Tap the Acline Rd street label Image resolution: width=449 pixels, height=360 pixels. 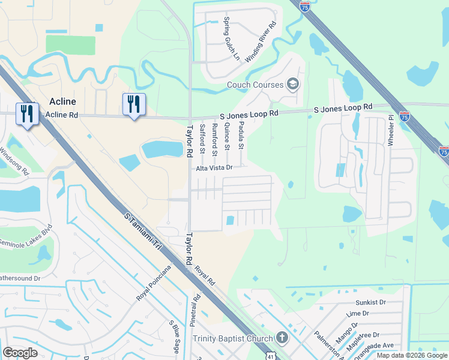point(62,115)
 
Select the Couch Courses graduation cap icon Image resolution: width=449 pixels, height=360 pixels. point(293,84)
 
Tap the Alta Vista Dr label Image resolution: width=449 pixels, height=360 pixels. point(214,169)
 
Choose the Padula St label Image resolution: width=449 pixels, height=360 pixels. point(241,134)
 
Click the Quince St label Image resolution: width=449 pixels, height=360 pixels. point(227,136)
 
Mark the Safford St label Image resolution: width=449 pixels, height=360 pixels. point(202,137)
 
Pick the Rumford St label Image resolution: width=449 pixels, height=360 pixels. point(214,140)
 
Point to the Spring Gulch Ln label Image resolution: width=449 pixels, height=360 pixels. point(231,39)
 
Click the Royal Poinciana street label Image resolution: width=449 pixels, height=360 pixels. point(149,283)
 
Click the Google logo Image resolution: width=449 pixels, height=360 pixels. point(20,352)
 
